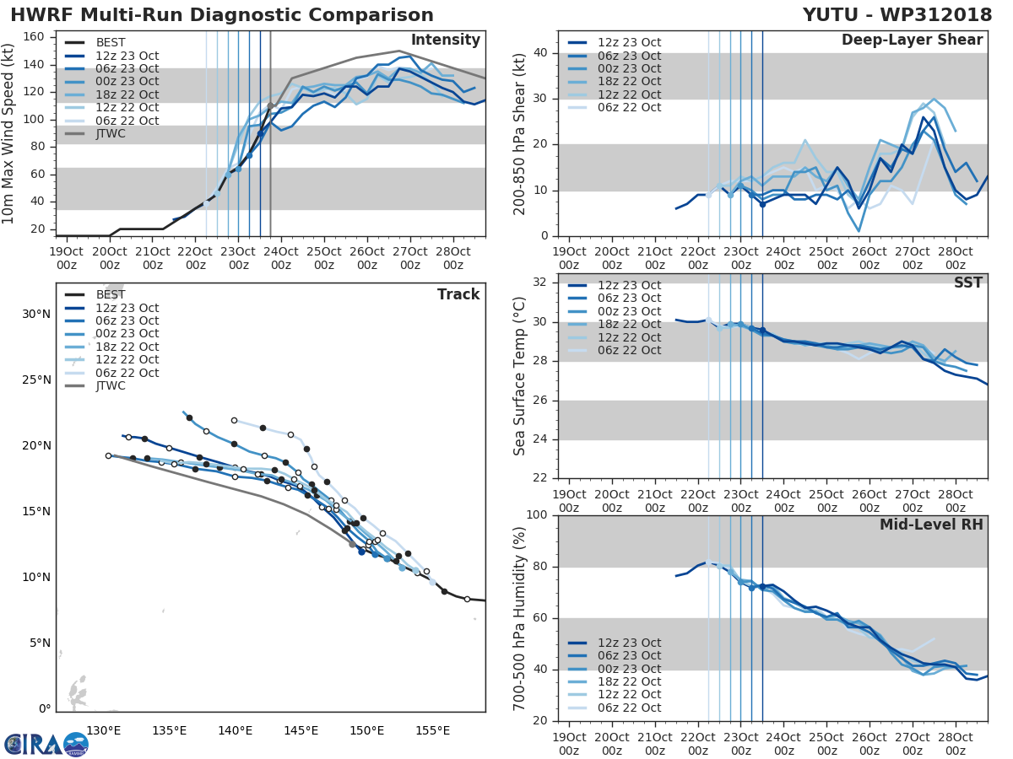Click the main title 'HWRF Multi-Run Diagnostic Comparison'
click(x=222, y=15)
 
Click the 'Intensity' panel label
click(x=445, y=40)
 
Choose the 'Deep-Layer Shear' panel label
click(x=912, y=40)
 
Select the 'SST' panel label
click(x=968, y=283)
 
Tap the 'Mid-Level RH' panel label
click(x=931, y=525)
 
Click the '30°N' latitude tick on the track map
click(x=36, y=315)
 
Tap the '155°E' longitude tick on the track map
click(x=432, y=730)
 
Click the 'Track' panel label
click(x=458, y=294)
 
